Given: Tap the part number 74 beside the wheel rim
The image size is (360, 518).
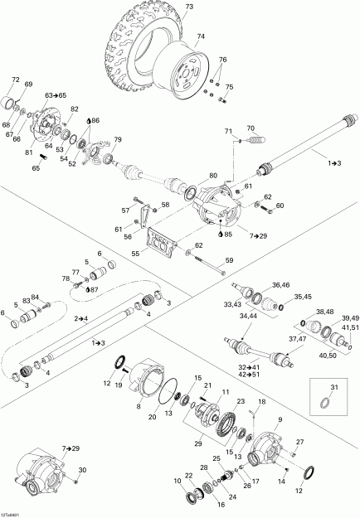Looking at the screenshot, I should [199, 36].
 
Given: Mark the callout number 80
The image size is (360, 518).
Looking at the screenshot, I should [213, 175].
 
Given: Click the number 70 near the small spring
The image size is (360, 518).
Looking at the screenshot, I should [251, 128].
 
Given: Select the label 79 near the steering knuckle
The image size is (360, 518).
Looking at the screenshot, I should [118, 139].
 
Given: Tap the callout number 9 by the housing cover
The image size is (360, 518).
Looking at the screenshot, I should [280, 419].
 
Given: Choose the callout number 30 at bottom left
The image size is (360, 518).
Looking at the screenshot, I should [81, 470].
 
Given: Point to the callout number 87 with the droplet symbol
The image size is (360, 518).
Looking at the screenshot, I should [93, 289].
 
